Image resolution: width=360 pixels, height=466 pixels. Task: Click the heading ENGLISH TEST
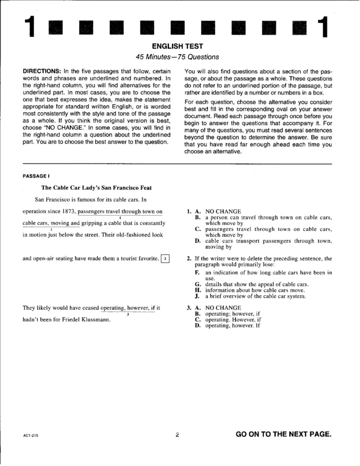(x=177, y=46)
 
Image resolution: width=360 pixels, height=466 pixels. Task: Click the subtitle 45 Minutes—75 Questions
(x=177, y=57)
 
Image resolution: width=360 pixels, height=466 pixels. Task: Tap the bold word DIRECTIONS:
(x=42, y=71)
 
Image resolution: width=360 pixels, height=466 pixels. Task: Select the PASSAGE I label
(x=34, y=176)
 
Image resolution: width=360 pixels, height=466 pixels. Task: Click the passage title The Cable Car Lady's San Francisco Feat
(x=96, y=188)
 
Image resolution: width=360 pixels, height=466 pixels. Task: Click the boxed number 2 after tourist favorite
(x=165, y=259)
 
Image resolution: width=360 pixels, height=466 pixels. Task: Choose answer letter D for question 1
(x=198, y=241)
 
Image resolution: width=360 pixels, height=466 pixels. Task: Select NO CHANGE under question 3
(x=223, y=308)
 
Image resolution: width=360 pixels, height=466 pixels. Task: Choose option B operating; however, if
(x=232, y=314)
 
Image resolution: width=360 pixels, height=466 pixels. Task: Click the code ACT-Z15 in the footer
(x=31, y=436)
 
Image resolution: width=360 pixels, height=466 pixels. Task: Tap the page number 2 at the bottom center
(x=177, y=435)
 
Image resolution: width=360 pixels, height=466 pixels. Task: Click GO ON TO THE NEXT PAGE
(x=283, y=434)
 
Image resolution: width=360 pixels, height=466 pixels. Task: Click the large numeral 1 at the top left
(x=29, y=27)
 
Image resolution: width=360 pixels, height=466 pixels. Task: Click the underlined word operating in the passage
(x=112, y=308)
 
